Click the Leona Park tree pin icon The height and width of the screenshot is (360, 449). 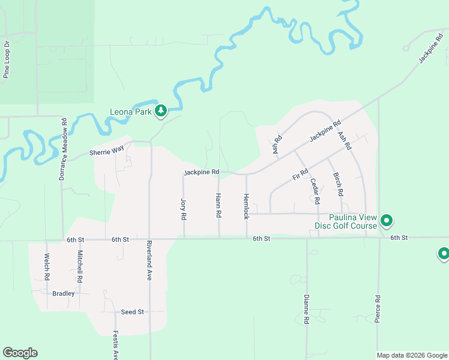tap(160, 110)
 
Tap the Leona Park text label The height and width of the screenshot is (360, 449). tap(131, 112)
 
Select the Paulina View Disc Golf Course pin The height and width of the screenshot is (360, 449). tap(387, 221)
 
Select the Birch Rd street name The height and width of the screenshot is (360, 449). tap(339, 185)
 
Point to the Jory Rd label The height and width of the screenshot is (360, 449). tap(184, 208)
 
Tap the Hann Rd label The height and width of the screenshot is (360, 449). tap(218, 205)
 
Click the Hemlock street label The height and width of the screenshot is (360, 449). tap(246, 206)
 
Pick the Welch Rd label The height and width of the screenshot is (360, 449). tap(46, 267)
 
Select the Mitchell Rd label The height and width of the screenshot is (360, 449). tap(79, 267)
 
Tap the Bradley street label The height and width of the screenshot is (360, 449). tap(64, 293)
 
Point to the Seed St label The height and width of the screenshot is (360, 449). tap(133, 312)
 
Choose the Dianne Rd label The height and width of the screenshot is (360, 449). tap(306, 310)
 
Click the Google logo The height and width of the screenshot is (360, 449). tap(20, 353)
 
